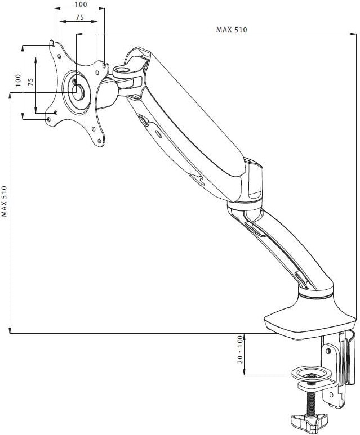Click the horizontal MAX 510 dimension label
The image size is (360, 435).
(232, 29)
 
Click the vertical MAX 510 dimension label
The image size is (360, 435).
(4, 201)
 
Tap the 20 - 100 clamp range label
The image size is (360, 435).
(240, 349)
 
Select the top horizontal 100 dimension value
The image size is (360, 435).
(81, 4)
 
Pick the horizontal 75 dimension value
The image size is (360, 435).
(80, 17)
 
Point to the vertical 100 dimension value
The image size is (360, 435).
(19, 80)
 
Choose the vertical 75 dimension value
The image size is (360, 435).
(31, 82)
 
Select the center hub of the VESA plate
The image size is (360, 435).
(78, 92)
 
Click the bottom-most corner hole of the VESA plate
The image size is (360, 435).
(100, 141)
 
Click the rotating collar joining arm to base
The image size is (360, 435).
(315, 294)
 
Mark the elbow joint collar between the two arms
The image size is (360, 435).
(245, 205)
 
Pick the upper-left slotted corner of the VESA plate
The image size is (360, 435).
(52, 43)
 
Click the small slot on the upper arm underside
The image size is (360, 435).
(159, 134)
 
